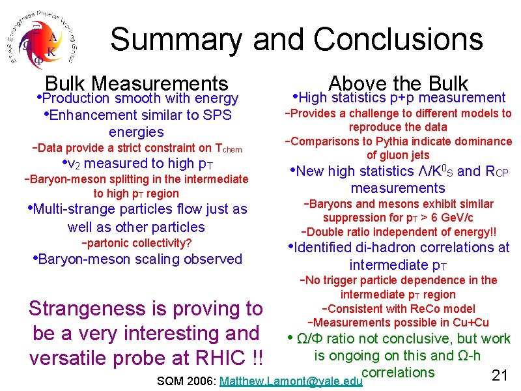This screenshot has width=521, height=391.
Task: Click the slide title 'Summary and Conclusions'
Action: pyautogui.click(x=296, y=39)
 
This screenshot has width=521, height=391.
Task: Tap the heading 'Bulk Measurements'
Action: pyautogui.click(x=137, y=83)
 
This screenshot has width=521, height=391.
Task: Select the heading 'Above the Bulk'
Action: pyautogui.click(x=398, y=83)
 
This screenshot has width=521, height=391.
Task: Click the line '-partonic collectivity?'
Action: pyautogui.click(x=136, y=243)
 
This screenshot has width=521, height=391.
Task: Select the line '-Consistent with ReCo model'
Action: pyautogui.click(x=398, y=309)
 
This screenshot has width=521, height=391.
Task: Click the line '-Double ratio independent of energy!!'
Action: pyautogui.click(x=398, y=232)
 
